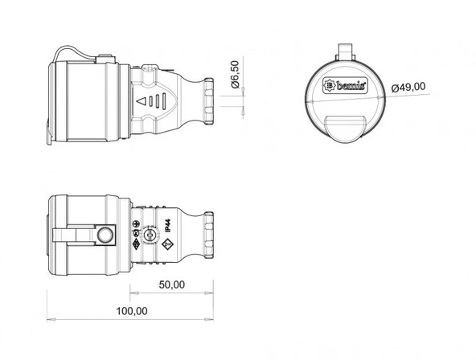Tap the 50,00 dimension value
(171, 284)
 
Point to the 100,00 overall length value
(131, 311)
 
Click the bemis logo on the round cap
(345, 84)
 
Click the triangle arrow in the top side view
(142, 102)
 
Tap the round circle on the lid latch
(105, 235)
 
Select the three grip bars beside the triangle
(160, 102)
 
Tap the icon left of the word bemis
(329, 84)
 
